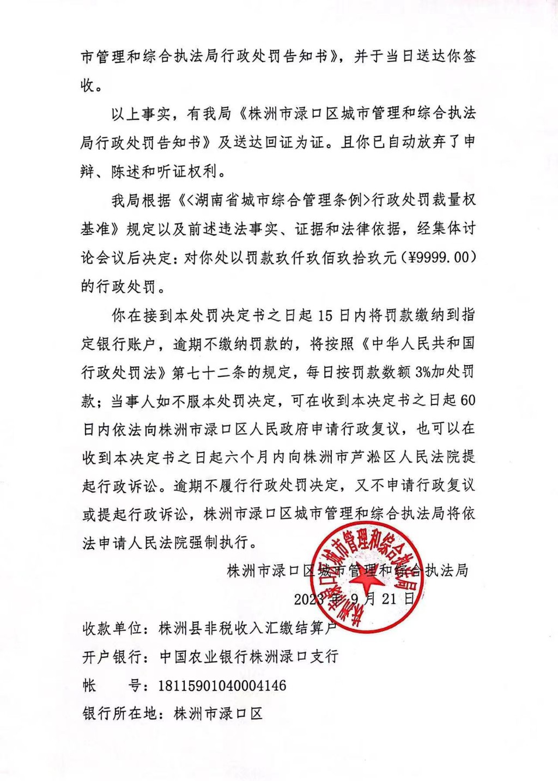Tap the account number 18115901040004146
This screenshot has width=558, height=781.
(222, 685)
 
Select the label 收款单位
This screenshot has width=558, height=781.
(112, 628)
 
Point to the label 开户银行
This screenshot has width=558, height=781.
(112, 657)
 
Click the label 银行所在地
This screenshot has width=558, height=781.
(120, 713)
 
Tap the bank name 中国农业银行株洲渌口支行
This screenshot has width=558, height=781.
(249, 657)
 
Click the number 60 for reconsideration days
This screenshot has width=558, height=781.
(468, 401)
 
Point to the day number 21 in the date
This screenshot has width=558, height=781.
(389, 599)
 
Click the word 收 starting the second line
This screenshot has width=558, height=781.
(88, 85)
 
